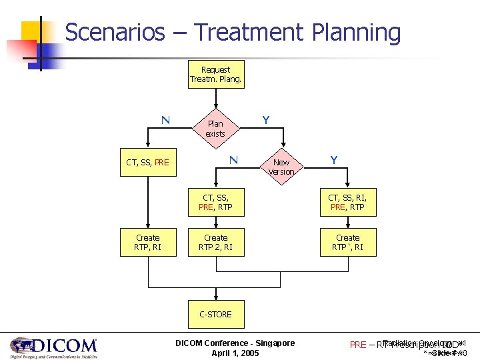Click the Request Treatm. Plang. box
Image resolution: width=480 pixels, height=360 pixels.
pyautogui.click(x=215, y=75)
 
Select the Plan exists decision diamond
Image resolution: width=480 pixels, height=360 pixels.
pyautogui.click(x=215, y=129)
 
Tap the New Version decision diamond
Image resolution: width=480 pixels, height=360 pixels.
pyautogui.click(x=281, y=167)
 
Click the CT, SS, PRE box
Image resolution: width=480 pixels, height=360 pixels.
pyautogui.click(x=147, y=162)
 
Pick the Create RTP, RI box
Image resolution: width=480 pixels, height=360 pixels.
pyautogui.click(x=147, y=243)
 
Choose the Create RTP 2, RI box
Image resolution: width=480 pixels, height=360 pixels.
pyautogui.click(x=215, y=243)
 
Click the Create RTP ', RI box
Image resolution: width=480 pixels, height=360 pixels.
pyautogui.click(x=347, y=243)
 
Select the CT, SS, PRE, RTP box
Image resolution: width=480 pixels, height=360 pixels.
pyautogui.click(x=215, y=202)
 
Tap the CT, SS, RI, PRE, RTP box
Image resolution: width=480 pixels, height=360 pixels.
pyautogui.click(x=347, y=202)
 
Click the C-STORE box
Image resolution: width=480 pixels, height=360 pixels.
pyautogui.click(x=215, y=314)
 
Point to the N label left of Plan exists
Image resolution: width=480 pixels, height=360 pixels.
pyautogui.click(x=165, y=121)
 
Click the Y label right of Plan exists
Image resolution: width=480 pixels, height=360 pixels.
pyautogui.click(x=266, y=121)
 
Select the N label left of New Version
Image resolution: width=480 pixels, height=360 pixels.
pyautogui.click(x=233, y=160)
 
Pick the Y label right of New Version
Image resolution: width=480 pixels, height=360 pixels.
pyautogui.click(x=333, y=160)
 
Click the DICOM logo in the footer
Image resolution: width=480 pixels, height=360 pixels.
pyautogui.click(x=54, y=347)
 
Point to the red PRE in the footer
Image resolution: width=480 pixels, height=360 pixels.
pyautogui.click(x=358, y=345)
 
